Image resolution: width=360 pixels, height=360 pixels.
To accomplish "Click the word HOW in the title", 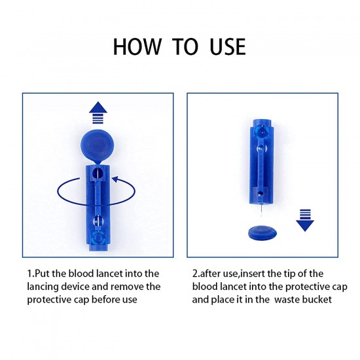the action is pyautogui.click(x=137, y=47).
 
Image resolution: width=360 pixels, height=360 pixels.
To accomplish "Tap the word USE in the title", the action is pyautogui.click(x=228, y=47).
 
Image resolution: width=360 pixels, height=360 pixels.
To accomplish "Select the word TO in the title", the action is pyautogui.click(x=185, y=47).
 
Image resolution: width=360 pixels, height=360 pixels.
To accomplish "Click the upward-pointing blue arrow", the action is pyautogui.click(x=98, y=113).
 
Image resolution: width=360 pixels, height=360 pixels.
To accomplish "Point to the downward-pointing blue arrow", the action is pyautogui.click(x=305, y=220).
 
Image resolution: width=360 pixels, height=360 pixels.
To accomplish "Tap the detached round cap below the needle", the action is pyautogui.click(x=262, y=233).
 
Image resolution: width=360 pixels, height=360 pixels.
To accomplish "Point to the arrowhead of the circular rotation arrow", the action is pyautogui.click(x=116, y=180).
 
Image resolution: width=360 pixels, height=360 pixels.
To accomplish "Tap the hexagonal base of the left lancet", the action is pyautogui.click(x=98, y=238).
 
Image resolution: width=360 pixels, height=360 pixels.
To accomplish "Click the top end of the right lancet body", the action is pyautogui.click(x=262, y=120).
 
